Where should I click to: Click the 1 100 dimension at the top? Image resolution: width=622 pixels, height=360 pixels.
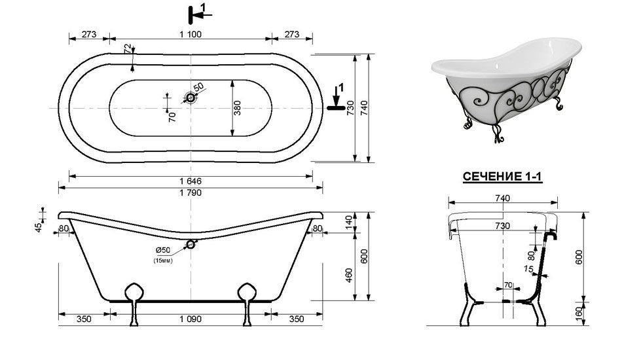[191, 34]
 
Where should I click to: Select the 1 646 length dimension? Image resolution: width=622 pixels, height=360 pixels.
[191, 181]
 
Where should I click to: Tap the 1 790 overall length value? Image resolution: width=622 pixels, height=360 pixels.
[191, 192]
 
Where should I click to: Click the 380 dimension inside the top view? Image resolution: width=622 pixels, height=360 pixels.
[237, 108]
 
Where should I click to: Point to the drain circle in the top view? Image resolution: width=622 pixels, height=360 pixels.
[191, 98]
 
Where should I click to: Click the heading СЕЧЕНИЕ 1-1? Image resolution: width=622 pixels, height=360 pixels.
[502, 177]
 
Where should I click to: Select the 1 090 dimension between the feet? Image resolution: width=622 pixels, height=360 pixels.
[191, 319]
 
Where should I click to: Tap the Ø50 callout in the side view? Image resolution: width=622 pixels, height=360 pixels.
[162, 250]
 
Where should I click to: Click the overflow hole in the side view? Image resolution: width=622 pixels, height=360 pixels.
[191, 244]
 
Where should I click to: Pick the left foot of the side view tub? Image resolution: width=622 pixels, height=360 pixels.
[134, 303]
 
